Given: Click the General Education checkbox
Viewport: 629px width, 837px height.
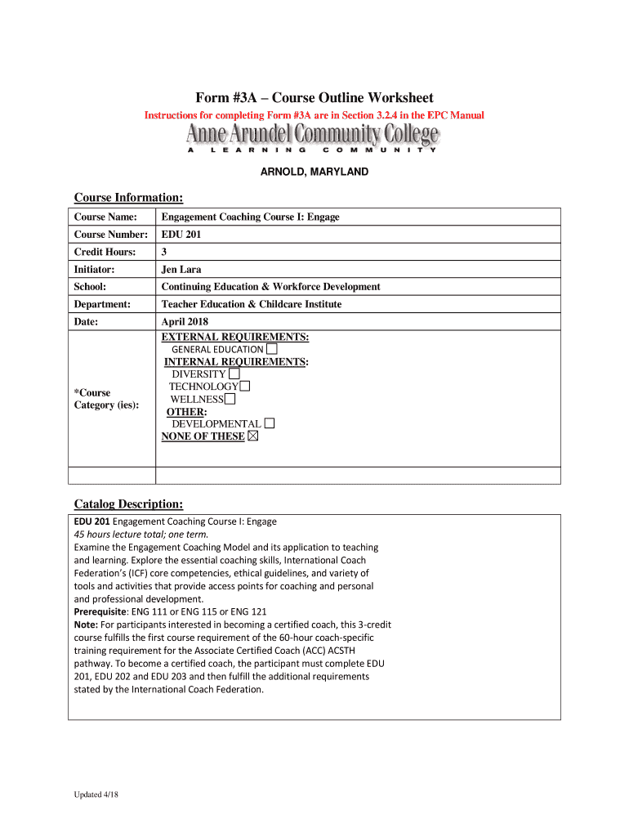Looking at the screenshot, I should [x=271, y=349].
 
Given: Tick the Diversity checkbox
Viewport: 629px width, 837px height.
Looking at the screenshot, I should [x=234, y=374].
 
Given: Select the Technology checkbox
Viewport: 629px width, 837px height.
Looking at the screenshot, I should [x=245, y=386].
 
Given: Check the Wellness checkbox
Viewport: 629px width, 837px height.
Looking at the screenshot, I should [x=230, y=399].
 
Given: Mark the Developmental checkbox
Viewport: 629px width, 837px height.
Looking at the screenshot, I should [x=270, y=423].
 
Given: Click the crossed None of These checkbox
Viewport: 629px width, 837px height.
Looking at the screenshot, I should [x=252, y=436].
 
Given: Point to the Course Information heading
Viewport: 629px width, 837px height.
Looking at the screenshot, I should [x=128, y=198].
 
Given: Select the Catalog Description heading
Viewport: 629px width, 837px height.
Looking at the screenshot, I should [x=128, y=504].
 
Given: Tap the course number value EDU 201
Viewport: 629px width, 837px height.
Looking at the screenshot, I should [x=181, y=235].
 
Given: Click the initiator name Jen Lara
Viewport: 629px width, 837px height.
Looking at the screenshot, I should [x=181, y=269].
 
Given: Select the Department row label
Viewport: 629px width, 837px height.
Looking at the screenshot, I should [x=103, y=304].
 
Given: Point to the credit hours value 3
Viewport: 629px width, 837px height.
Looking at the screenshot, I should [x=164, y=252].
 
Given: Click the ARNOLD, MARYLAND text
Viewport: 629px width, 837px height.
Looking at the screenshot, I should [x=314, y=172].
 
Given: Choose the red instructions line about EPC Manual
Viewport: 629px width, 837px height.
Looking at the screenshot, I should [x=314, y=115].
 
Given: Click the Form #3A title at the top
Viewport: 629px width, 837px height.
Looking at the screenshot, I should [x=314, y=97].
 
